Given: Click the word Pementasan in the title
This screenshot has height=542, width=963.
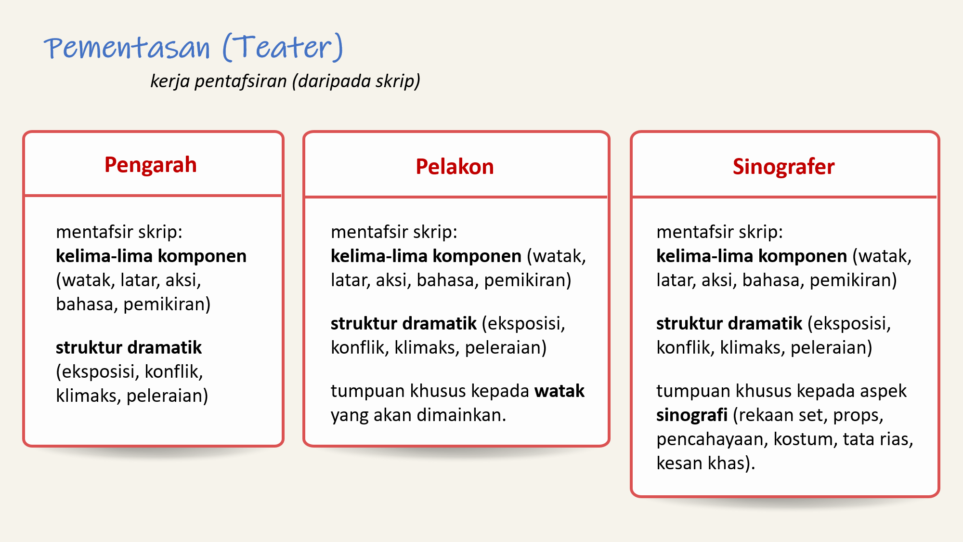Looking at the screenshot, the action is tap(127, 48).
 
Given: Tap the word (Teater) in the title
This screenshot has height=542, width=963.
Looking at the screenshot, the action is tap(283, 47).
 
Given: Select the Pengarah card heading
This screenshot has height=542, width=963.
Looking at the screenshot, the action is tap(151, 165).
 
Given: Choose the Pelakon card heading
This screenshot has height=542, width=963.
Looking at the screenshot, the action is tap(455, 167).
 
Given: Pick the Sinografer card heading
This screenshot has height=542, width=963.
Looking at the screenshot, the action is tap(783, 167).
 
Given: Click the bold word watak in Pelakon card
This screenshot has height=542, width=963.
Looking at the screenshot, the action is tap(560, 391).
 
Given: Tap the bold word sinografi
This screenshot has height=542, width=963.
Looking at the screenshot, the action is tap(692, 415).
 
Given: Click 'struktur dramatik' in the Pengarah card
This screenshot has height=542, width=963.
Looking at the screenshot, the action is tap(129, 347).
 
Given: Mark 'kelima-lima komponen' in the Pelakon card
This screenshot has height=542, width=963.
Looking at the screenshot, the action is tap(426, 256).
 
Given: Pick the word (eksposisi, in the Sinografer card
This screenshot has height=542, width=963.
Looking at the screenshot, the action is tap(849, 324).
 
